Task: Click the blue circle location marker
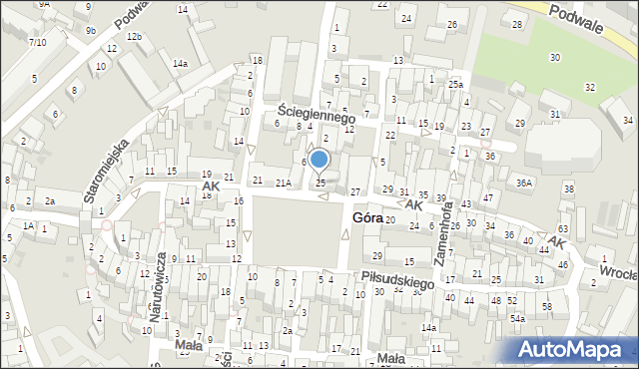[319, 159]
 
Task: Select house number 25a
[456, 84]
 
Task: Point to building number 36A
[524, 183]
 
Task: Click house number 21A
[284, 183]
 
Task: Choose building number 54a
[517, 318]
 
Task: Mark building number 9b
[91, 31]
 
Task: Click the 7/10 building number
[37, 42]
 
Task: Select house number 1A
[29, 226]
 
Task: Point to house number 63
[564, 229]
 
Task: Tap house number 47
[488, 198]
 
